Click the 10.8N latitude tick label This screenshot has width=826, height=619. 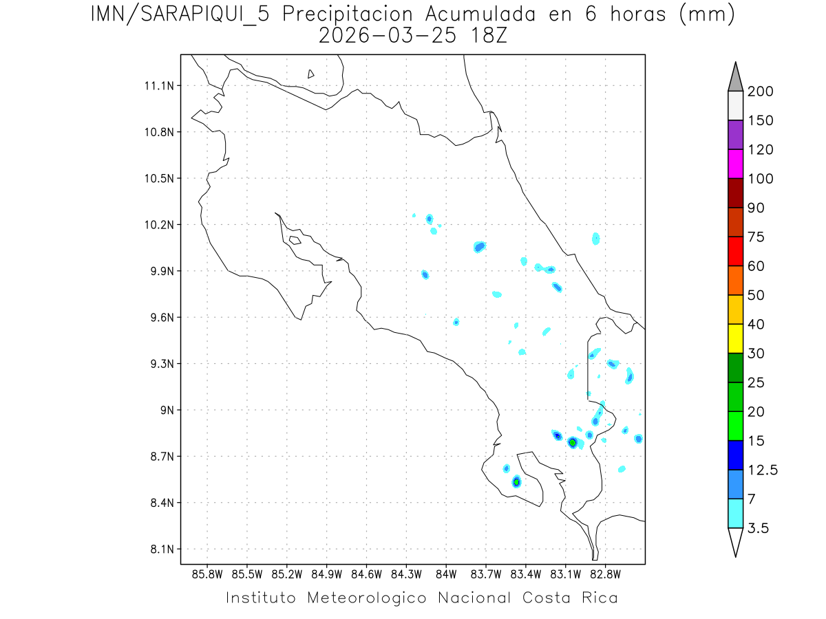click(158, 132)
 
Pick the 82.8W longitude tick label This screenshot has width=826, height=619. click(605, 574)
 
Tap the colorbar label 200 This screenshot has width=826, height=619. click(760, 91)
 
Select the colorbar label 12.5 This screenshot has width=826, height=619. click(763, 470)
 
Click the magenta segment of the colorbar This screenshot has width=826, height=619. click(735, 164)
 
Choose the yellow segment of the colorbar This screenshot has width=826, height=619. click(735, 338)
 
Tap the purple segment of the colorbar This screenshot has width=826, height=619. click(735, 135)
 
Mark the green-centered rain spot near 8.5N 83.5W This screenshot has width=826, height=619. click(516, 482)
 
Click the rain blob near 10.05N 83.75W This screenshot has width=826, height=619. click(480, 246)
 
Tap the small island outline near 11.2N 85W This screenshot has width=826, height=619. click(311, 74)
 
